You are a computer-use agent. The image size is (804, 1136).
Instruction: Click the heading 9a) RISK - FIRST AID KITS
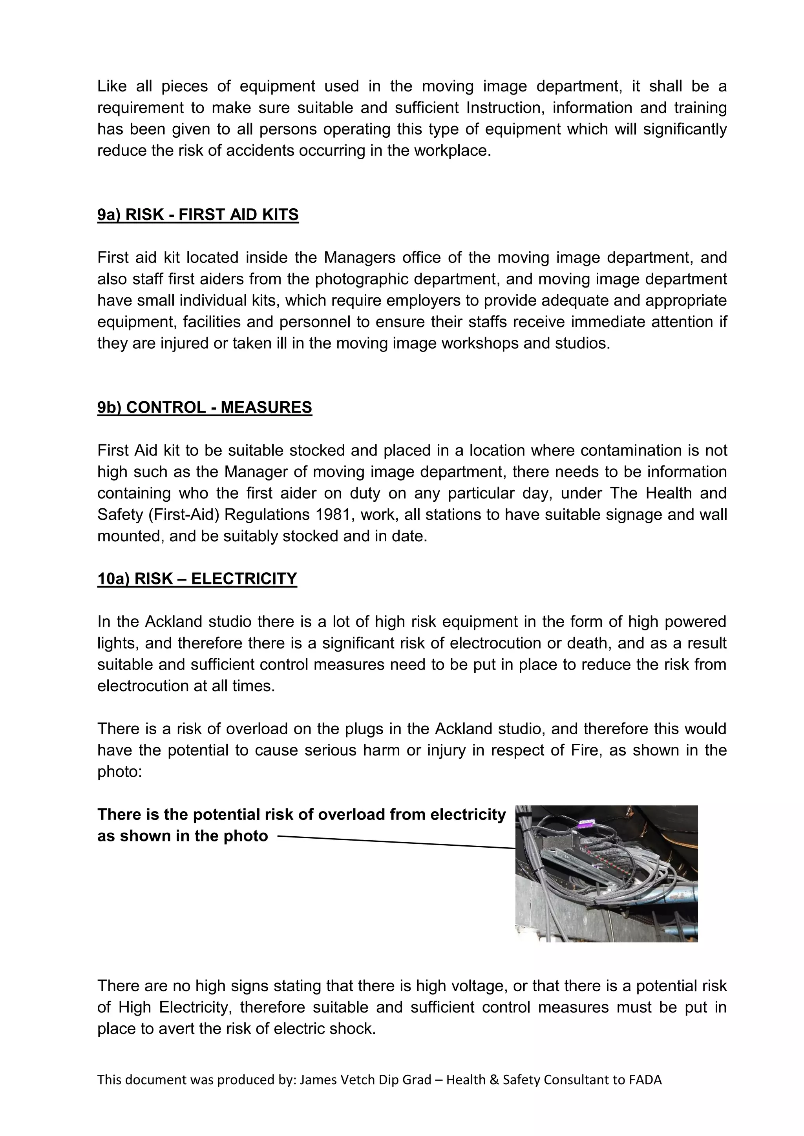tap(198, 215)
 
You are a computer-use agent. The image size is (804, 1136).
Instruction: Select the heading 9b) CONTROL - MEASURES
tap(205, 407)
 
